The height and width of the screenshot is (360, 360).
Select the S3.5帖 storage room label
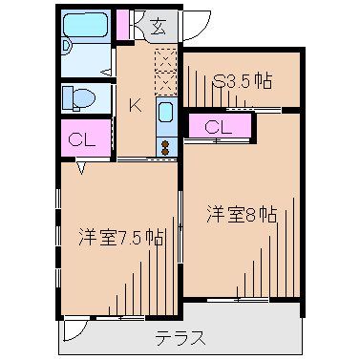tap(244, 81)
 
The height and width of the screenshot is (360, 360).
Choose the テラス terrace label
tap(180, 337)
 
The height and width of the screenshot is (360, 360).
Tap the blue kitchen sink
tap(164, 116)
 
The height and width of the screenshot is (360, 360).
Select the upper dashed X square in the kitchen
tap(164, 57)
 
